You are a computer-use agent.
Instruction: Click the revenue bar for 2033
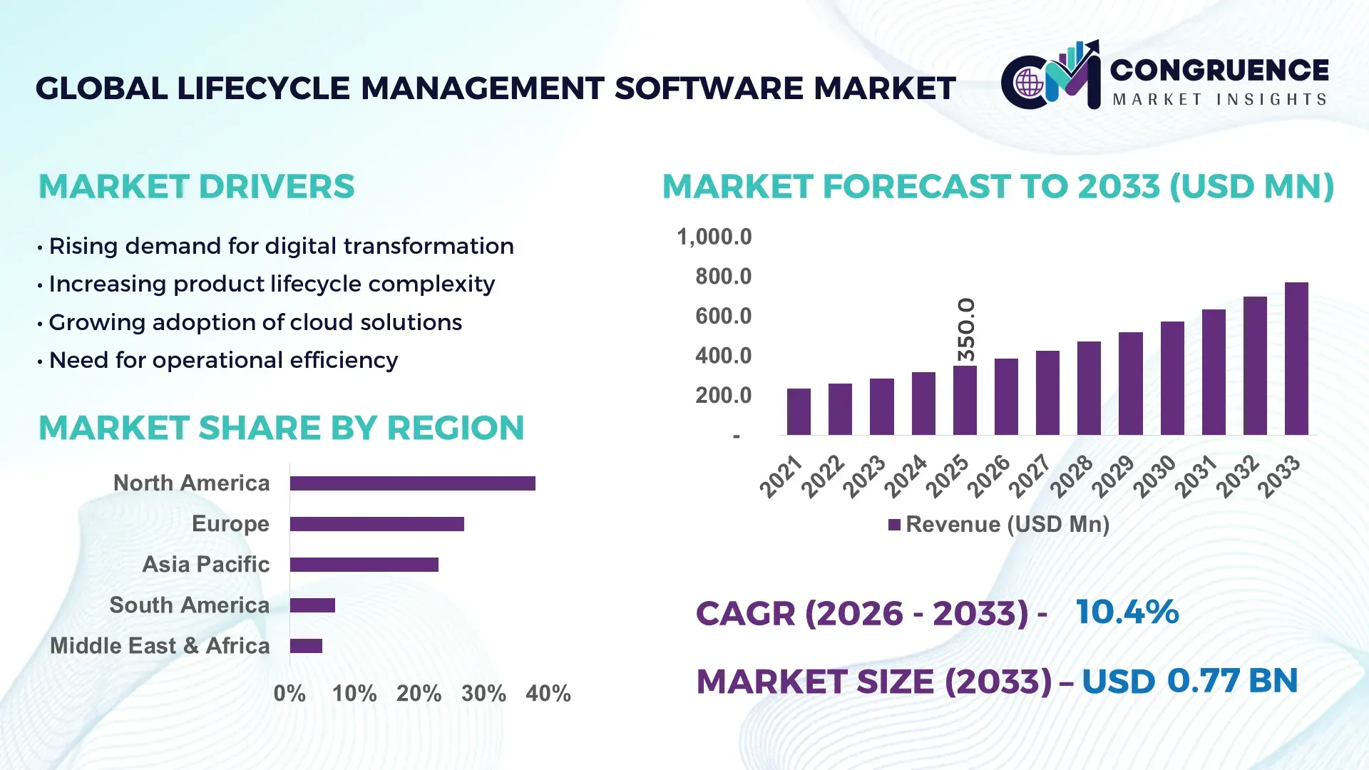[x=1296, y=359]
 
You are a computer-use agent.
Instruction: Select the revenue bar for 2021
[x=799, y=411]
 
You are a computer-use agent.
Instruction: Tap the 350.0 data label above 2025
[x=965, y=329]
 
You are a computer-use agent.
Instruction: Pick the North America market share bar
[x=412, y=483]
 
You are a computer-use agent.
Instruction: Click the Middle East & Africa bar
[x=306, y=646]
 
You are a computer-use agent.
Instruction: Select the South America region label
[x=189, y=605]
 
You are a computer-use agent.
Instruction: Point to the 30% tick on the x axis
[x=483, y=693]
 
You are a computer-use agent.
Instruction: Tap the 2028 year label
[x=1071, y=476]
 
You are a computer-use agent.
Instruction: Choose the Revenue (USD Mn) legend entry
[x=998, y=525]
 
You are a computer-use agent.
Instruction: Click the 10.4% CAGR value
[x=1127, y=612]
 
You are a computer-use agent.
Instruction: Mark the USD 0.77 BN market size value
[x=1189, y=681]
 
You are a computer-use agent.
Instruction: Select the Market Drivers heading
[x=196, y=187]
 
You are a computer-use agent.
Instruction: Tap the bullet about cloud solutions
[x=255, y=322]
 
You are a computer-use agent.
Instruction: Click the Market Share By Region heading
[x=281, y=428]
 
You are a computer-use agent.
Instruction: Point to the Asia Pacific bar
[x=364, y=565]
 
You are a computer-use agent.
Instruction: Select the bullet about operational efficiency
[x=222, y=360]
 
